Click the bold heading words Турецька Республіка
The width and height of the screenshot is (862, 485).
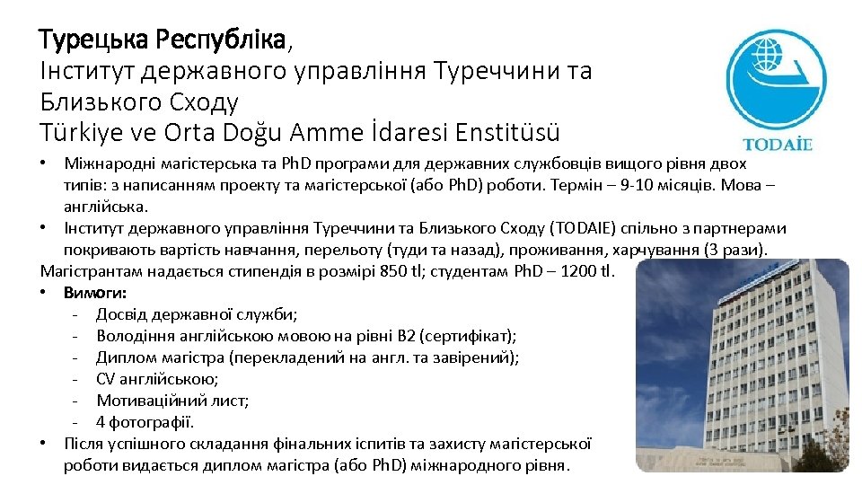pyautogui.click(x=163, y=40)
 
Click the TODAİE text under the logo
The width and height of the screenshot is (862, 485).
pyautogui.click(x=778, y=144)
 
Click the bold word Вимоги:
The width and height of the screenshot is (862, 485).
pyautogui.click(x=95, y=293)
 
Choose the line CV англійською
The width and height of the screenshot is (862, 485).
pyautogui.click(x=157, y=379)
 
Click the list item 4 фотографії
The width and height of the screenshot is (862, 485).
pyautogui.click(x=145, y=422)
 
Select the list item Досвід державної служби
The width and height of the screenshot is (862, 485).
pyautogui.click(x=197, y=314)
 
